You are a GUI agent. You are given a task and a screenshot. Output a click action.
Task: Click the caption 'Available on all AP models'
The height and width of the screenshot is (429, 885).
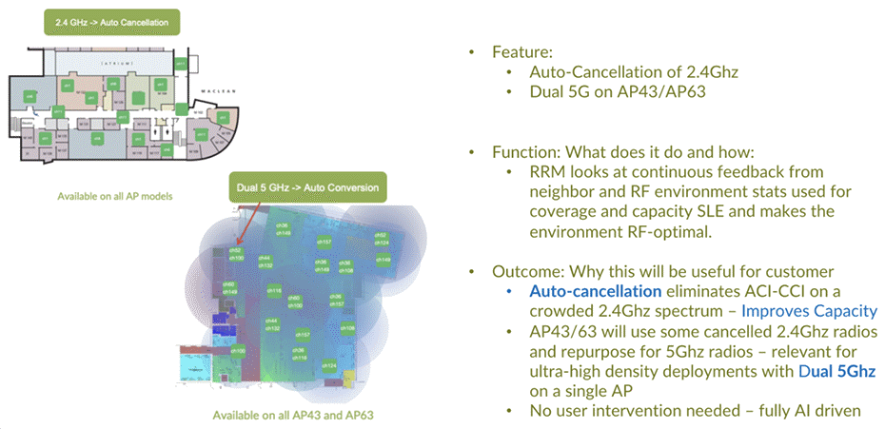click(106, 194)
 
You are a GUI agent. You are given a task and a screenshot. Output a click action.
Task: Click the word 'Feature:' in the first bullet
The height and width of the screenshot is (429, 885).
click(520, 52)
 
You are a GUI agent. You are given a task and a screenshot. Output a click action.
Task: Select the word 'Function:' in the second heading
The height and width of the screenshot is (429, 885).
click(526, 152)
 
